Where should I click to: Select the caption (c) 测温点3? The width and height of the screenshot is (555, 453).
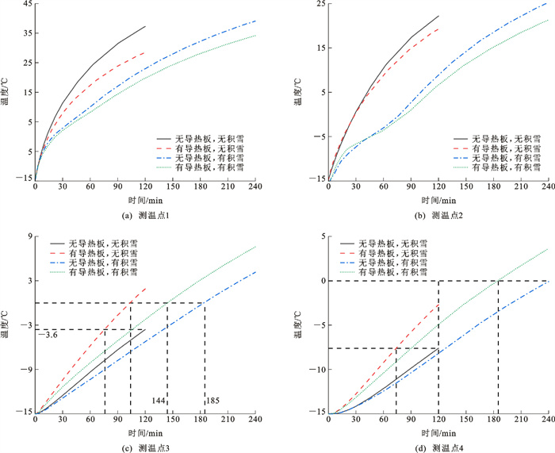point(145,447)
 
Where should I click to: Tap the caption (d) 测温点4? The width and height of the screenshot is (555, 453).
point(438,447)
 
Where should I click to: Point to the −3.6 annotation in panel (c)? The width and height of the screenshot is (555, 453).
point(48,335)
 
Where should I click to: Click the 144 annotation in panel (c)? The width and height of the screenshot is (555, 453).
point(159,401)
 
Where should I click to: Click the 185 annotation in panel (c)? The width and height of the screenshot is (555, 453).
point(212,401)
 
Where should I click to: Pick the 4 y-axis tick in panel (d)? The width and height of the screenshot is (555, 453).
point(320,236)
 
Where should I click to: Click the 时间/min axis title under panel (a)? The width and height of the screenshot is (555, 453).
point(145,201)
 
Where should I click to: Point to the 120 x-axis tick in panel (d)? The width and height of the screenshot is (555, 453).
point(438,420)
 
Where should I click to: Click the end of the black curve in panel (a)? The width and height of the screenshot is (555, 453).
point(146,26)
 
